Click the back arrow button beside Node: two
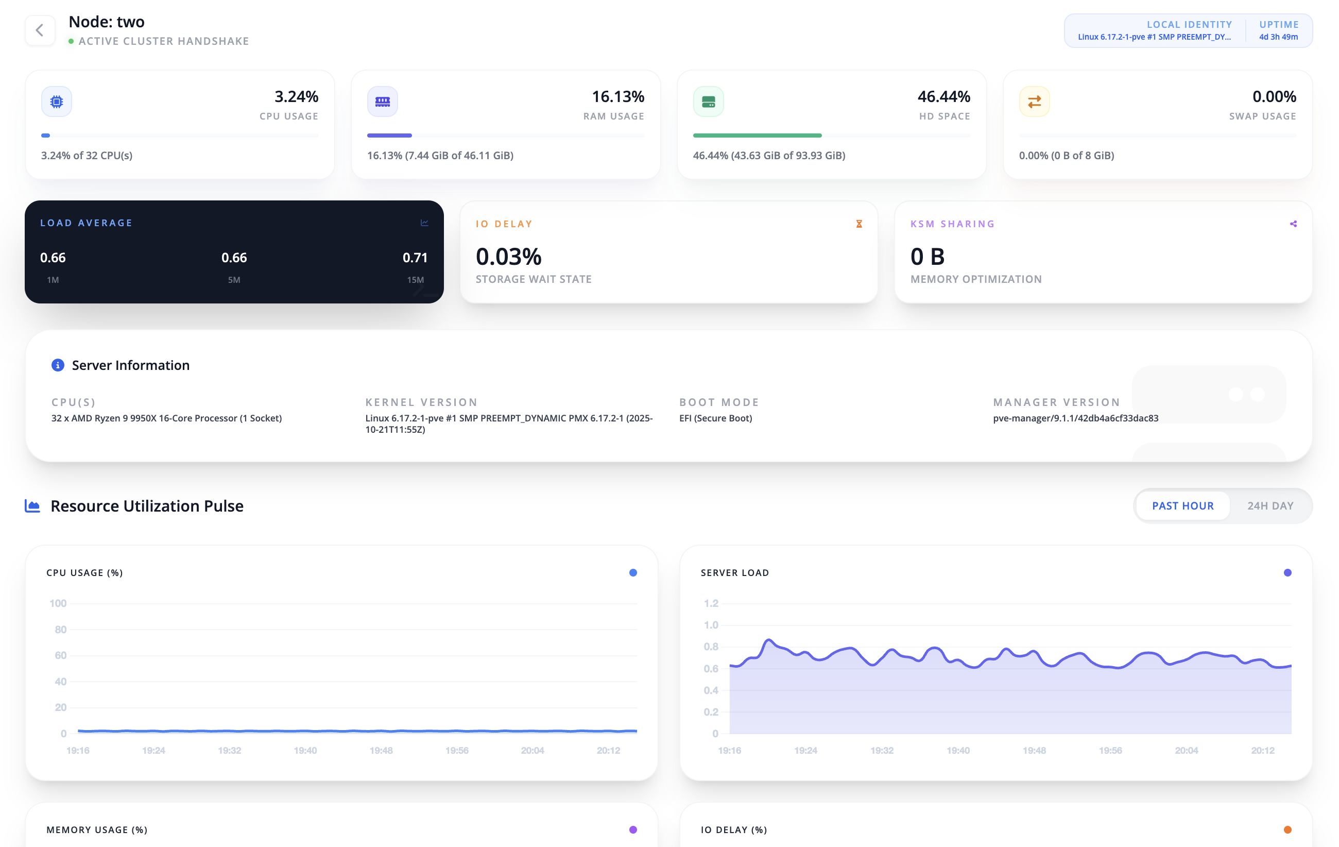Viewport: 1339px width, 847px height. pyautogui.click(x=40, y=30)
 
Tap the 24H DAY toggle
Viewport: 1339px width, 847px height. pyautogui.click(x=1269, y=505)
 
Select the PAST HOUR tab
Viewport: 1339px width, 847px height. pyautogui.click(x=1182, y=505)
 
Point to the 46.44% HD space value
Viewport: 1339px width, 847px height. pyautogui.click(x=943, y=97)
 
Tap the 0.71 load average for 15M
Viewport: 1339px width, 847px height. pyautogui.click(x=415, y=258)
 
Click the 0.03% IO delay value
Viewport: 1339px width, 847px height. pyautogui.click(x=508, y=257)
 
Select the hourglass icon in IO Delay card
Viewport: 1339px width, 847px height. pyautogui.click(x=859, y=224)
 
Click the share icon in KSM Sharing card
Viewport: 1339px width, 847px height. pyautogui.click(x=1293, y=224)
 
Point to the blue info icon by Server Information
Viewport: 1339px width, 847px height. pyautogui.click(x=58, y=365)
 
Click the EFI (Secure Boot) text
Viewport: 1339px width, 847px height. pyautogui.click(x=715, y=418)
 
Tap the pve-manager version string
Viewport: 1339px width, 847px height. pyautogui.click(x=1075, y=418)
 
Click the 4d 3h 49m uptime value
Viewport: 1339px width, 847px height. pyautogui.click(x=1278, y=37)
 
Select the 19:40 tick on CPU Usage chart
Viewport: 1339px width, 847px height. pyautogui.click(x=305, y=750)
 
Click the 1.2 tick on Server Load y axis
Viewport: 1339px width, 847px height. pyautogui.click(x=711, y=603)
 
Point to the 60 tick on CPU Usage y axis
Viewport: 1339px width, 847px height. pyautogui.click(x=61, y=655)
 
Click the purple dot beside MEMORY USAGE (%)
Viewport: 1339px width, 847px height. pyautogui.click(x=633, y=829)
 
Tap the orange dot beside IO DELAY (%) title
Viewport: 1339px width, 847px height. pyautogui.click(x=1287, y=829)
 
